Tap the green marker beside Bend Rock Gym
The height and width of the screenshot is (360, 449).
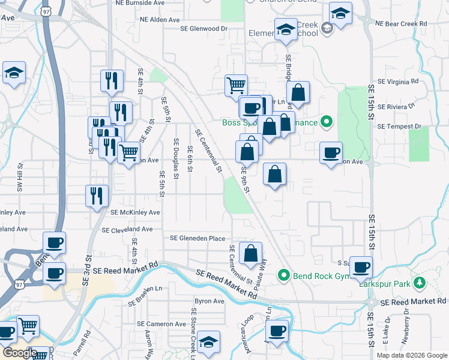coord(285,276)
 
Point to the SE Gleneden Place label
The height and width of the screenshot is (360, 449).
coord(197,238)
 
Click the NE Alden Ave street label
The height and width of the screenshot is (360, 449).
coord(160,20)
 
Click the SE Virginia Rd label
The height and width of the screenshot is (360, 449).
coord(397,80)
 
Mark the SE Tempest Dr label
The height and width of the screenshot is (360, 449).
coord(400,126)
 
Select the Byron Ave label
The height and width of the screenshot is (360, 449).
coord(209,301)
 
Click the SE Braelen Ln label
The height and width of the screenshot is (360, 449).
coord(145,288)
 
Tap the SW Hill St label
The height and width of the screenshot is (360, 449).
coord(20,176)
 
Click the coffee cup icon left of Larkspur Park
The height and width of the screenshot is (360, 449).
coord(361,268)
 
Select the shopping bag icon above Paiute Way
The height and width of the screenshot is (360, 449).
coord(250,253)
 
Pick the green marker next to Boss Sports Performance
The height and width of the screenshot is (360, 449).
coord(327,122)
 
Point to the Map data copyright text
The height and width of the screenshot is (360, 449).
coord(411,355)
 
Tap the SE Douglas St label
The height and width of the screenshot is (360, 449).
coord(176,158)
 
